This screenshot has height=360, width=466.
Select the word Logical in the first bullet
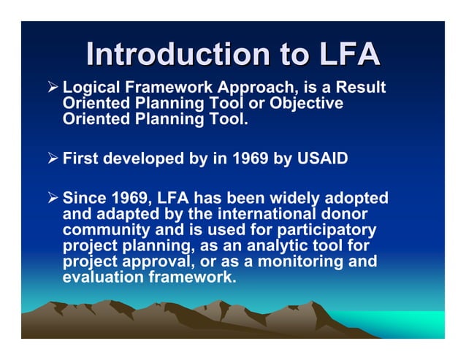[x=90, y=88]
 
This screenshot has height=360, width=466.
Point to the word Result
[x=361, y=88]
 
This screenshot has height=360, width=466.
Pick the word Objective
[x=306, y=104]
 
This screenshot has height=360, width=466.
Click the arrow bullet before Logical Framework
[x=53, y=88]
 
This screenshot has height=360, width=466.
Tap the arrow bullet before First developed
[x=53, y=157]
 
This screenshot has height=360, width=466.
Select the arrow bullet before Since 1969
[x=53, y=198]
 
